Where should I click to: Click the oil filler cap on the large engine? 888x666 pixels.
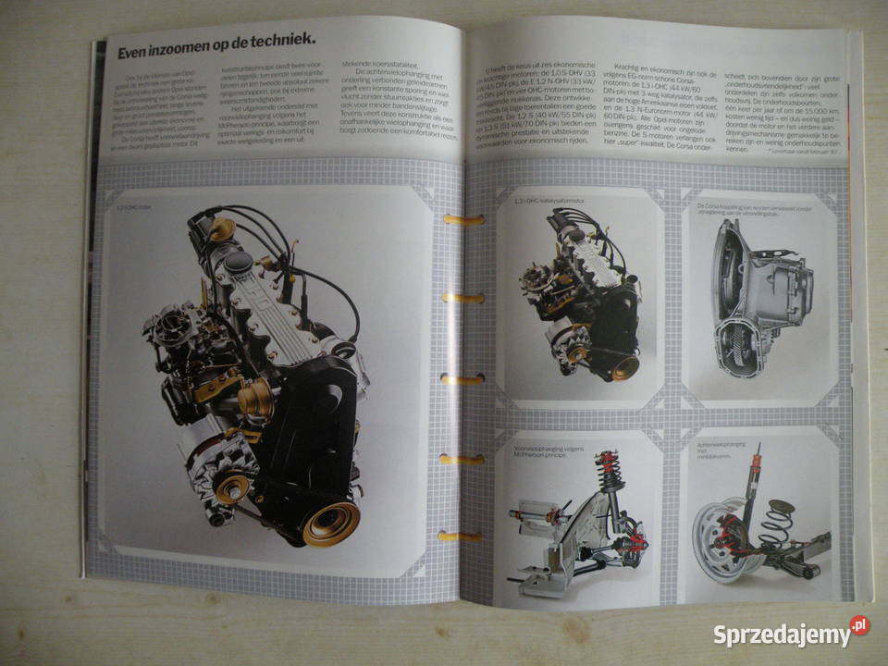point(239,263)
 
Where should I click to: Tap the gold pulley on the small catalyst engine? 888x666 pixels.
point(624,367)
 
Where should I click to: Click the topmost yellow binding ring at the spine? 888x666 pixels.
point(462,220)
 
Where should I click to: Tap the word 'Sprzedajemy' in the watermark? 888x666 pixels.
point(782,635)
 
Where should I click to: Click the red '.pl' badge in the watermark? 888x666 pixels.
point(860,625)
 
